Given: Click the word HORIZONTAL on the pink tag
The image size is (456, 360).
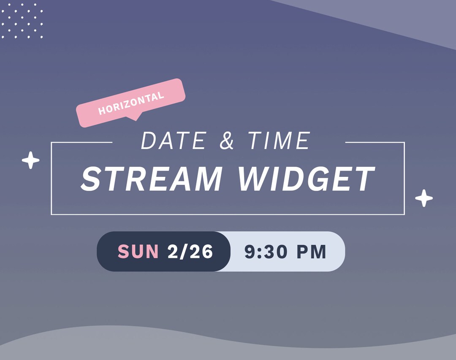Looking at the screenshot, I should point(131,103).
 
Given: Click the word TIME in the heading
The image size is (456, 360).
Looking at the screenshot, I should point(279,141).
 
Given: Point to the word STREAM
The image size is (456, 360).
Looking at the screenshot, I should point(152,179).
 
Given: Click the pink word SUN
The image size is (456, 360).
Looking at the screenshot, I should point(138,252).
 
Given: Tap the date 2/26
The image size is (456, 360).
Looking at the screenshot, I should point(190,252).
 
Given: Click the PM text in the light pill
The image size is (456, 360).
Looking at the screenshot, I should point(311,252).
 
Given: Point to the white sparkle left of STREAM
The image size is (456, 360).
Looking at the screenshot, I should point(30,160).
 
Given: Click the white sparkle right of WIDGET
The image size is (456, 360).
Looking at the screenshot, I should point(424,198).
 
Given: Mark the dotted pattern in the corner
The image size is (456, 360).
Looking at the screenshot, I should point(22,21).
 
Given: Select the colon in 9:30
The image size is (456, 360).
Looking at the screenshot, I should point(258,252).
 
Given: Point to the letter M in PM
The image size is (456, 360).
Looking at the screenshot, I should point(318,252).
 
